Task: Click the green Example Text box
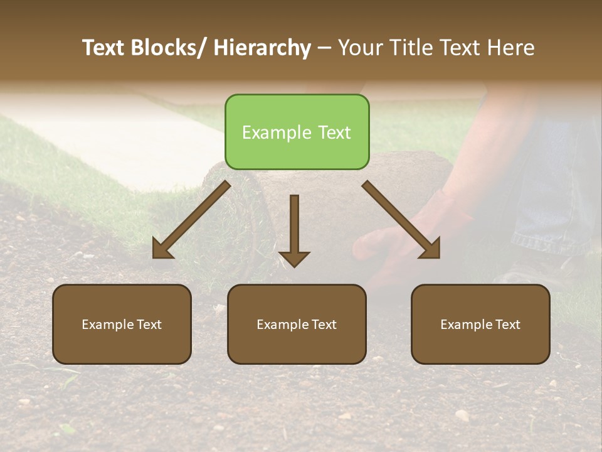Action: pyautogui.click(x=297, y=132)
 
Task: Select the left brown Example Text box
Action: pyautogui.click(x=122, y=324)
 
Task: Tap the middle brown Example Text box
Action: pyautogui.click(x=297, y=324)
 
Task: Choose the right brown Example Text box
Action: pyautogui.click(x=480, y=324)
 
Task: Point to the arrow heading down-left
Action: pyautogui.click(x=191, y=220)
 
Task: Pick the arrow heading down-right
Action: pyautogui.click(x=401, y=220)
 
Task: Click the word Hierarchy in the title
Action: pyautogui.click(x=262, y=48)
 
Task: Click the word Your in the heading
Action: pyautogui.click(x=360, y=48)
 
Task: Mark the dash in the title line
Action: pyautogui.click(x=324, y=48)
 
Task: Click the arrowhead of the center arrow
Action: pyautogui.click(x=294, y=259)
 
